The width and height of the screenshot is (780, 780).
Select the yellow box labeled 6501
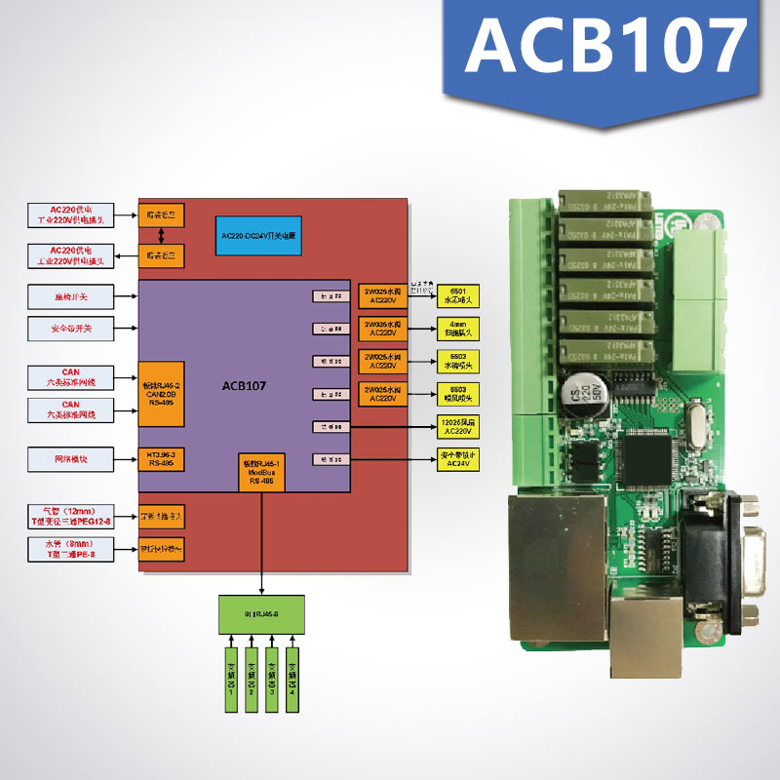pos(458,294)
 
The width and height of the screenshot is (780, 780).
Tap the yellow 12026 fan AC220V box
pos(458,426)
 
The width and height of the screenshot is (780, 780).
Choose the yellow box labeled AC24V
pos(458,459)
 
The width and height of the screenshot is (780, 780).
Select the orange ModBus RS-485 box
pos(261,471)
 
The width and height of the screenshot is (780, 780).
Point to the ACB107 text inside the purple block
pos(244,386)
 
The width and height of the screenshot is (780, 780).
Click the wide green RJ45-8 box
pos(261,613)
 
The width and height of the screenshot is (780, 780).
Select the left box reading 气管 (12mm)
pos(70,516)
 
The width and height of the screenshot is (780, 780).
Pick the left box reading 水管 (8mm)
pos(70,548)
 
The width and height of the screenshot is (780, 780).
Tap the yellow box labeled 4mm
pos(458,328)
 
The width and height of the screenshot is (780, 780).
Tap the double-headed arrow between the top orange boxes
pos(162,237)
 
